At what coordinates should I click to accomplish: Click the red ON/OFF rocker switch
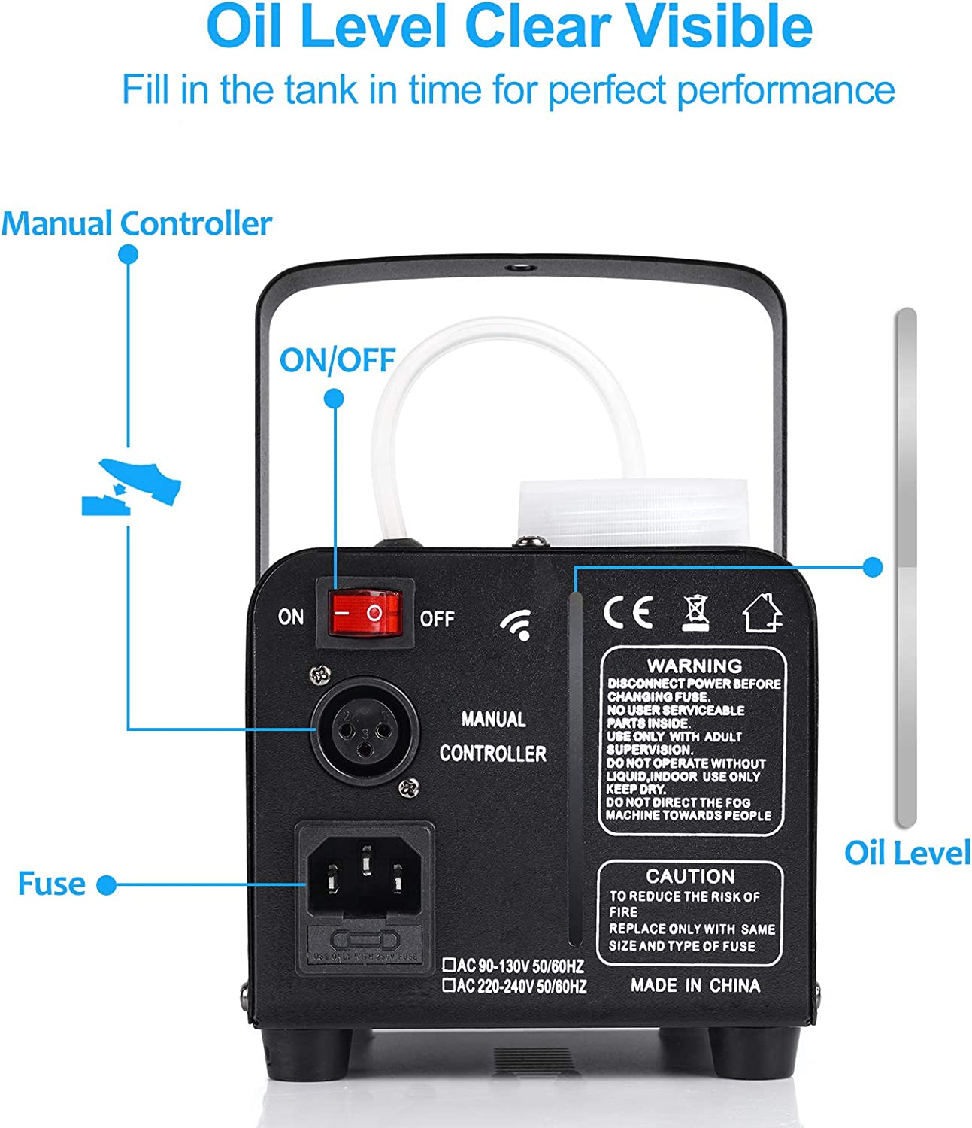pos(365,614)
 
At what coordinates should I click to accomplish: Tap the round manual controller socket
pos(365,729)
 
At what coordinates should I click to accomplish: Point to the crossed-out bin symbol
pos(695,612)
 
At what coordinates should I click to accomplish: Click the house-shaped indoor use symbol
pos(762,612)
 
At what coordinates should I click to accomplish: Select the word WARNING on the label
pos(694,666)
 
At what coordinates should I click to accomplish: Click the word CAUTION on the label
pos(690,876)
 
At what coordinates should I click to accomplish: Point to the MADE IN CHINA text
pos(695,985)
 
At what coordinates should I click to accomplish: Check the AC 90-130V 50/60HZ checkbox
pos(449,963)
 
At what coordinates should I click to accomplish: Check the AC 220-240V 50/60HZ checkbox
pos(449,984)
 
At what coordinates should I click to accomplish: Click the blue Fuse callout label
pos(51,884)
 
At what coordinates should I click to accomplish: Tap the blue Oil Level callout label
pos(907,854)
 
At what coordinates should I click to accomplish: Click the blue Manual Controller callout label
pos(136,223)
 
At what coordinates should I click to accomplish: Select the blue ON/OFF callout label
pos(337,360)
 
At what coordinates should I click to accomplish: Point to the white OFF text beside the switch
pos(437,619)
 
